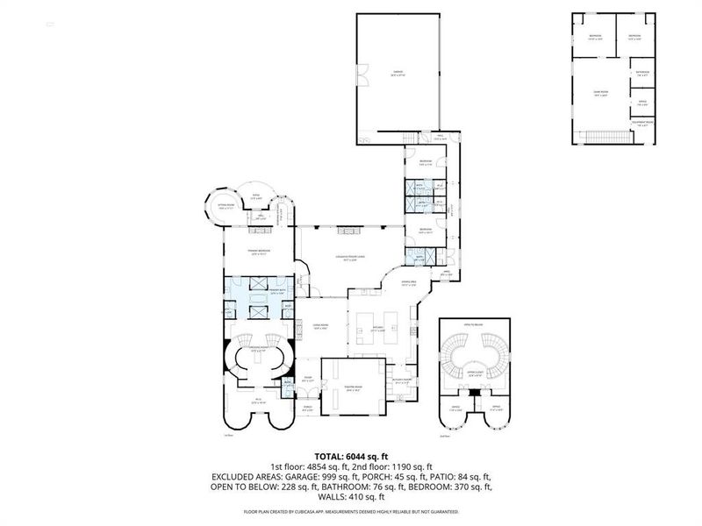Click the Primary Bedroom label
tap(256, 252)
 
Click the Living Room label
tap(320, 325)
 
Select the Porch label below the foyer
tap(308, 408)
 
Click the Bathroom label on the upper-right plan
tap(642, 74)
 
